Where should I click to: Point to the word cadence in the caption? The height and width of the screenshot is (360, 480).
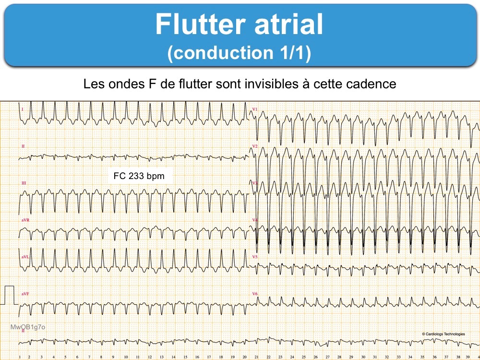[372, 84]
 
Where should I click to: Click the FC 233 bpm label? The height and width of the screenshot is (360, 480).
[139, 176]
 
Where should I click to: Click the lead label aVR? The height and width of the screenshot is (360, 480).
[25, 220]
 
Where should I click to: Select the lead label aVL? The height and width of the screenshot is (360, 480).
[25, 257]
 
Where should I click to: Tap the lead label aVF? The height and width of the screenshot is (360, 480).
[25, 293]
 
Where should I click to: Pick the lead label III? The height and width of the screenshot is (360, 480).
[24, 184]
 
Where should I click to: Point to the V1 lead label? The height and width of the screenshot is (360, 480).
[255, 109]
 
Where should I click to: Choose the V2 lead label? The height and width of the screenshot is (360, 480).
[255, 146]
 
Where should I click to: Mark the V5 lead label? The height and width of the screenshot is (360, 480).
[255, 257]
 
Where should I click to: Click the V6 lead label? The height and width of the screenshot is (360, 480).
[255, 293]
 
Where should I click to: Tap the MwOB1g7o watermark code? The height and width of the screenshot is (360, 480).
[28, 327]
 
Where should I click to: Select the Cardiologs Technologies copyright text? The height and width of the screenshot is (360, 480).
[444, 334]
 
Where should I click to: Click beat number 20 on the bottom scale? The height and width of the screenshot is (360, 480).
[245, 357]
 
